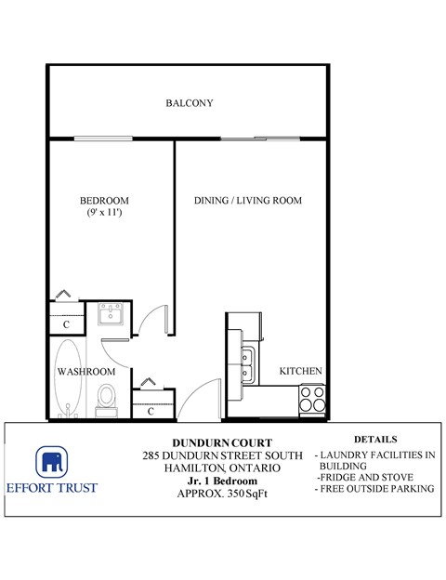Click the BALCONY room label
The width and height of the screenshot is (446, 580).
(x=190, y=103)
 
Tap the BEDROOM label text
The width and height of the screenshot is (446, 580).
(x=104, y=201)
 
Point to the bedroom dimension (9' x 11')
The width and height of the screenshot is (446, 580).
(x=104, y=214)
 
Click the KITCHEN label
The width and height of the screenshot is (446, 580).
(x=301, y=371)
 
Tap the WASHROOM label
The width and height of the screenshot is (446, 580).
(x=85, y=371)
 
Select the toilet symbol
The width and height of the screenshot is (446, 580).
(x=106, y=397)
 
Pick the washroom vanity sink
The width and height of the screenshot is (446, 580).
(x=112, y=316)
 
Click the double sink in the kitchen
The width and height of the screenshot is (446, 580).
(x=247, y=365)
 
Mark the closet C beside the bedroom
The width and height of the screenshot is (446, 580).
(x=66, y=324)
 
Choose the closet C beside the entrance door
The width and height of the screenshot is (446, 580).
(x=151, y=410)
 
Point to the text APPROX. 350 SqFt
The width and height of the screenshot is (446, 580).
(x=222, y=494)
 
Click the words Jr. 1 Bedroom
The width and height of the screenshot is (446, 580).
(x=222, y=481)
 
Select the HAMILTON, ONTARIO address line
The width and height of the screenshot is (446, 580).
(x=222, y=468)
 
